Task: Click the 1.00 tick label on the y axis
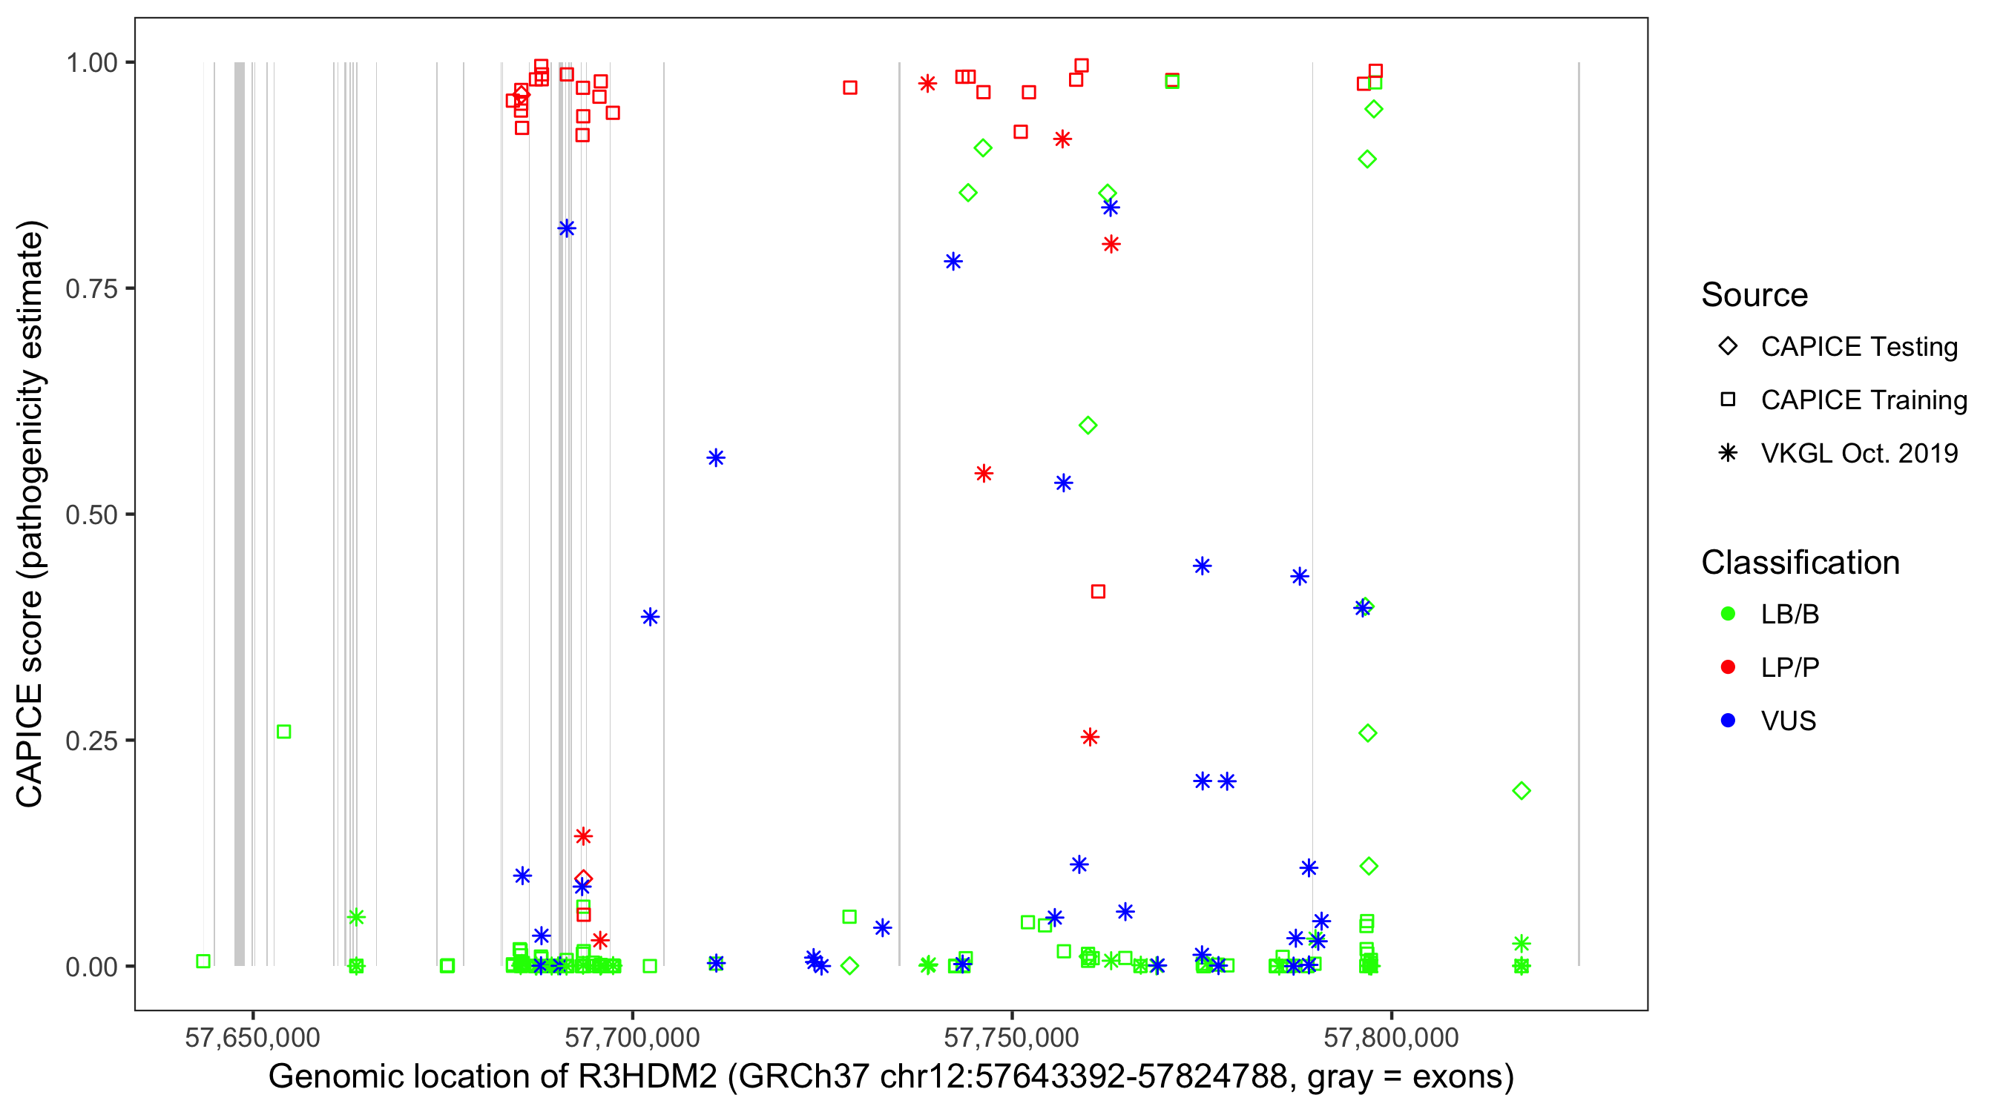pyautogui.click(x=91, y=63)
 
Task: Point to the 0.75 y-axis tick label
pyautogui.click(x=91, y=289)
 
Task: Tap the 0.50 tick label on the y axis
pyautogui.click(x=91, y=514)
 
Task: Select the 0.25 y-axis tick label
pyautogui.click(x=91, y=741)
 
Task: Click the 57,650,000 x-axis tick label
pyautogui.click(x=253, y=1037)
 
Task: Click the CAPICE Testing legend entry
pyautogui.click(x=1858, y=347)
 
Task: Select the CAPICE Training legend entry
pyautogui.click(x=1863, y=400)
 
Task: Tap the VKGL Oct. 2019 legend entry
pyautogui.click(x=1858, y=453)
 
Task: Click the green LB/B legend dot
pyautogui.click(x=1728, y=614)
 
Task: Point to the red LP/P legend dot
pyautogui.click(x=1728, y=667)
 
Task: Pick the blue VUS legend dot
pyautogui.click(x=1728, y=721)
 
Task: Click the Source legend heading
pyautogui.click(x=1754, y=295)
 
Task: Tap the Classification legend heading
pyautogui.click(x=1800, y=563)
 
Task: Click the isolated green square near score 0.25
pyautogui.click(x=284, y=732)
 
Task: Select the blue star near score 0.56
pyautogui.click(x=716, y=457)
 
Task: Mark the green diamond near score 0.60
pyautogui.click(x=1088, y=425)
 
